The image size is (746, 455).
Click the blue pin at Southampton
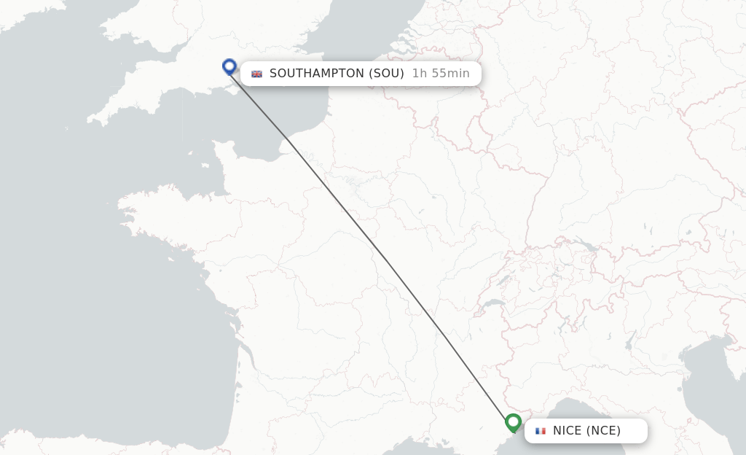pos(229,66)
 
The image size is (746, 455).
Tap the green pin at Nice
pos(513,421)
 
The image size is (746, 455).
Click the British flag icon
pos(256,74)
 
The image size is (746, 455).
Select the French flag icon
pos(540,431)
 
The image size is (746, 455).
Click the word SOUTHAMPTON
pos(317,73)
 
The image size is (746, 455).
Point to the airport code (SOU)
pos(386,73)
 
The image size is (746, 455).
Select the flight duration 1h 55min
pos(441,73)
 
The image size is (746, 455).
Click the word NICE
pos(568,430)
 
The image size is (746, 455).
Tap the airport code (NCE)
pos(604,430)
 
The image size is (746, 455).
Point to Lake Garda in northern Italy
pos(630,341)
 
